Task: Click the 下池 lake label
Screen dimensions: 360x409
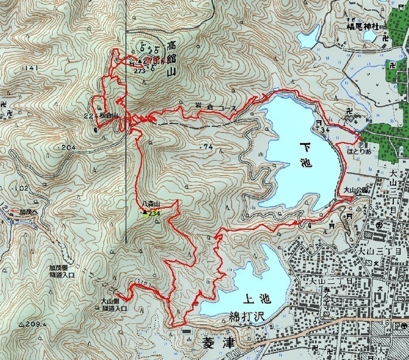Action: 305,154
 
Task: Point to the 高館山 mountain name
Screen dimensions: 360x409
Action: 171,59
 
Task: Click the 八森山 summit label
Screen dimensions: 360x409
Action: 151,203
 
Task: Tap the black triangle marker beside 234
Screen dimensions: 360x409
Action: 144,212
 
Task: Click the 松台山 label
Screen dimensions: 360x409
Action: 109,116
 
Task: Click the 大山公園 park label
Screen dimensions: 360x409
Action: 355,190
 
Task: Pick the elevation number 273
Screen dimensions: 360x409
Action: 140,71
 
